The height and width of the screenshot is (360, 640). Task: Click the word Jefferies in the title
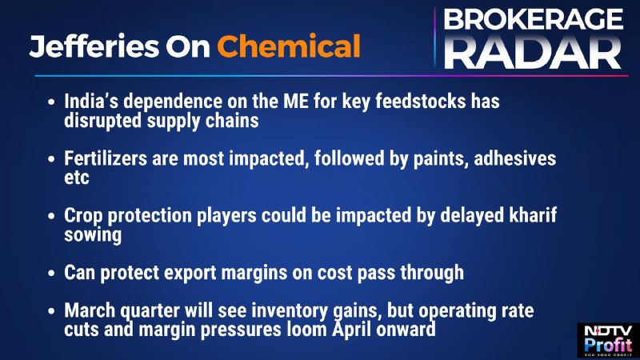pos(94,46)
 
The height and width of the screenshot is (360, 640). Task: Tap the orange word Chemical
pos(289,46)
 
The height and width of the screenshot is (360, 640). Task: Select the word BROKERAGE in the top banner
pos(534,19)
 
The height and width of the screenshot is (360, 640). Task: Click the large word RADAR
pos(533,52)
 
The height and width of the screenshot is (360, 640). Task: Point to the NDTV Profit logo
pos(608,341)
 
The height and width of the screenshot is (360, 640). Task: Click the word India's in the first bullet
pos(91,102)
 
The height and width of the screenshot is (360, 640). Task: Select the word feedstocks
pos(421,102)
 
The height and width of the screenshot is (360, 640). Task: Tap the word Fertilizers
pos(106,158)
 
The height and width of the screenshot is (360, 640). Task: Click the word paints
pos(441,159)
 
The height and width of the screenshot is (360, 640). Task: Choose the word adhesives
pos(514,158)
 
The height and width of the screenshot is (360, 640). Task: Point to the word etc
pos(76,178)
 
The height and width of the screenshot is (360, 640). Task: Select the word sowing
pos(93,235)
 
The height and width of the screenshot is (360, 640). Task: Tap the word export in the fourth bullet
pos(190,274)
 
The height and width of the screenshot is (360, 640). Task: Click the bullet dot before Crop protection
pos(51,215)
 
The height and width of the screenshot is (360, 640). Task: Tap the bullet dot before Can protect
pos(51,273)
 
